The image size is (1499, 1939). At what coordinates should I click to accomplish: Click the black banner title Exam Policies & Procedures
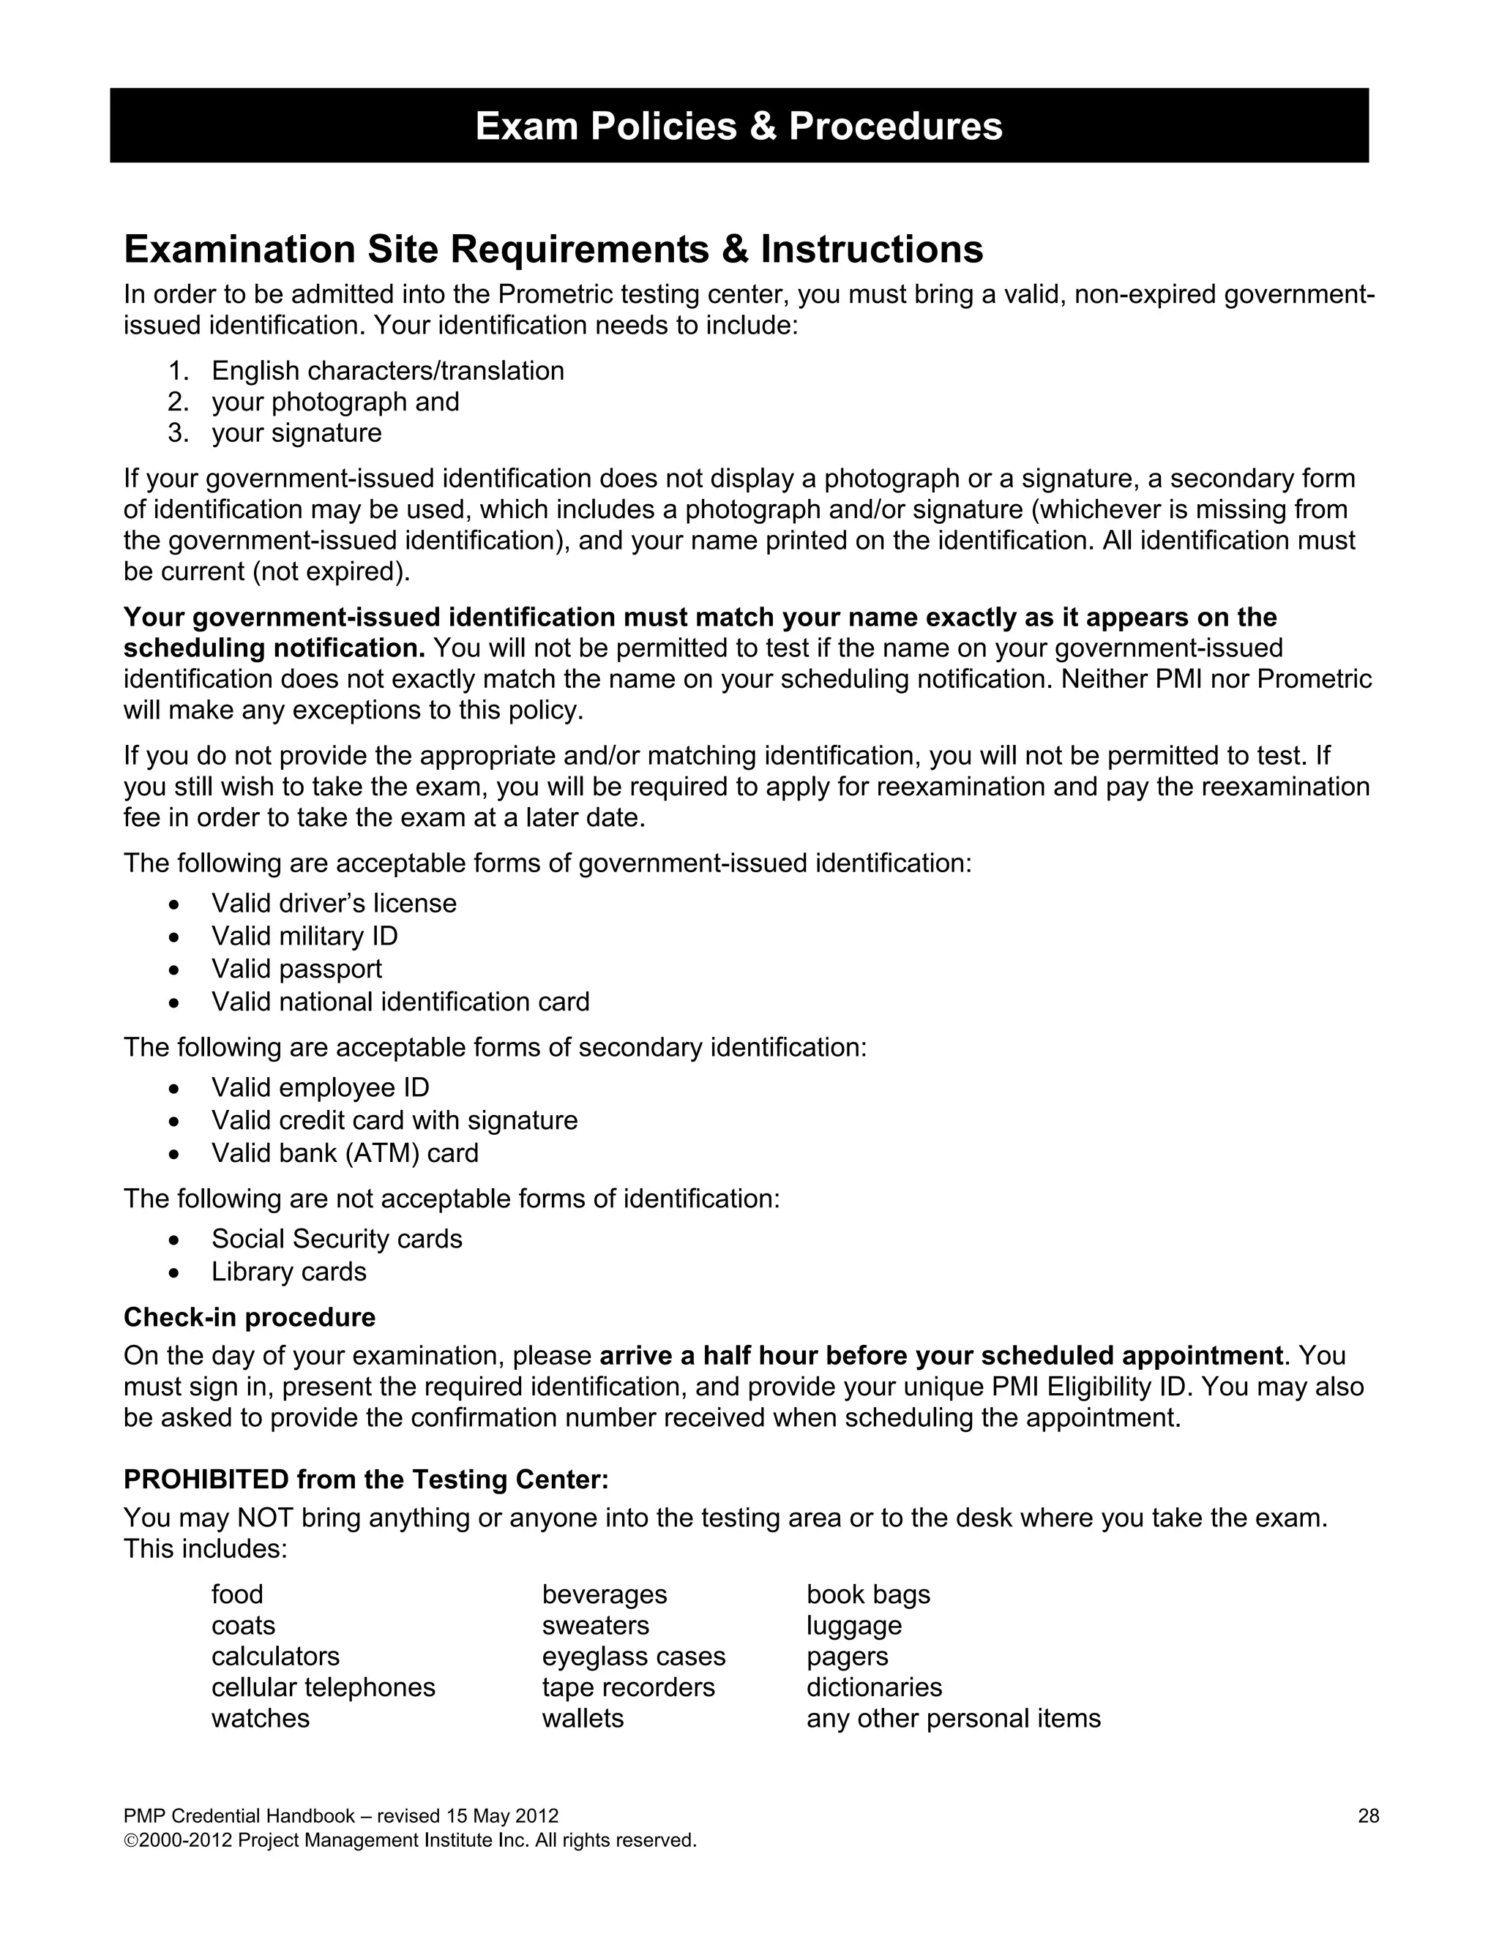[739, 126]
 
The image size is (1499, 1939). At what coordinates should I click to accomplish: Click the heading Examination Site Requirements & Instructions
[553, 250]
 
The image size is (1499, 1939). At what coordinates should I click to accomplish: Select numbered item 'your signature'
[296, 433]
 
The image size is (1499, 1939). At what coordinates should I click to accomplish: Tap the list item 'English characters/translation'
[387, 371]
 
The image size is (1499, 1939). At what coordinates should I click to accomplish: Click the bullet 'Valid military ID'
[304, 937]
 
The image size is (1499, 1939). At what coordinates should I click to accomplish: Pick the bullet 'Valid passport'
[296, 969]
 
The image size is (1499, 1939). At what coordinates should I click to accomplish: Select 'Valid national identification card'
[400, 1002]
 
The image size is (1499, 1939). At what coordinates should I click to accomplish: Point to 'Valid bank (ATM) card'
[345, 1154]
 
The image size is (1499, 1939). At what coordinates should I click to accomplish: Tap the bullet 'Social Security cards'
[337, 1239]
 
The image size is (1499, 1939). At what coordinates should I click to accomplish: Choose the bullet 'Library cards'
[288, 1272]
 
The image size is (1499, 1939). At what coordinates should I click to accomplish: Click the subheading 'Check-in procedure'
[250, 1318]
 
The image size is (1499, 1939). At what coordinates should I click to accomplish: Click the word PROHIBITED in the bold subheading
[206, 1480]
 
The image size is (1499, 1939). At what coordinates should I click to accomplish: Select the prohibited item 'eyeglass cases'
[633, 1657]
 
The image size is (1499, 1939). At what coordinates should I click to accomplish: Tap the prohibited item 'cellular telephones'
[324, 1688]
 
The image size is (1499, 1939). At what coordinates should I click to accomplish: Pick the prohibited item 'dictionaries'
[874, 1688]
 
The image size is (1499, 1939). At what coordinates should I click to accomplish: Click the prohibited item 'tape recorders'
[628, 1688]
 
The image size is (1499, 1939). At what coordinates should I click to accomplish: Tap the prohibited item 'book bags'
[867, 1594]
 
